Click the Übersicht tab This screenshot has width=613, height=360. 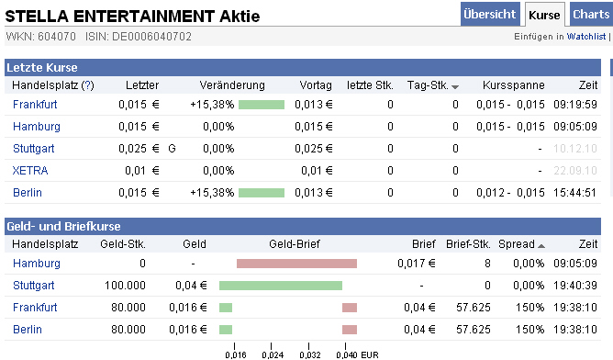(x=490, y=15)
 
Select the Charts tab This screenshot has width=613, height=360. (x=590, y=15)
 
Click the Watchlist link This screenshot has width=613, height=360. (x=585, y=37)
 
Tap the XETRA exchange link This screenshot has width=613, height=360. (x=30, y=170)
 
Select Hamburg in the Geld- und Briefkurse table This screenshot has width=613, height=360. (x=36, y=264)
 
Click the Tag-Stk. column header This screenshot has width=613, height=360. (x=428, y=85)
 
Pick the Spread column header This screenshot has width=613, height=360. (x=516, y=244)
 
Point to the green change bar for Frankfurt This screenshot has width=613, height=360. (x=262, y=104)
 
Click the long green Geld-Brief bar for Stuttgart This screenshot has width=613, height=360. (x=281, y=286)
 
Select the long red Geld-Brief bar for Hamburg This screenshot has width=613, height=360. (x=296, y=264)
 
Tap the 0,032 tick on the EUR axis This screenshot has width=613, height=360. (x=308, y=353)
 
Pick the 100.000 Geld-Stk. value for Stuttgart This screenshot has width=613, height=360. (x=123, y=286)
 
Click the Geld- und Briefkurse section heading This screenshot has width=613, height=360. (x=63, y=226)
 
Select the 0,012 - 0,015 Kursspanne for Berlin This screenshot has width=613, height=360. (x=510, y=192)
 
